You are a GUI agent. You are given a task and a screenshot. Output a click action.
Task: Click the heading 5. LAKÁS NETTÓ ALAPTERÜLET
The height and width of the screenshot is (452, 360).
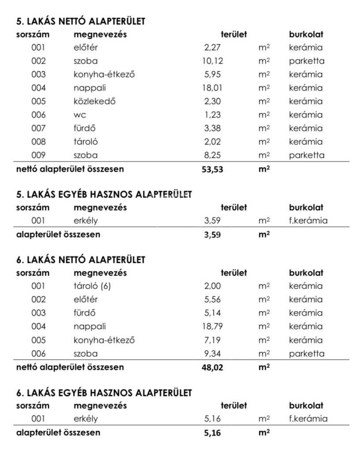[x=80, y=21]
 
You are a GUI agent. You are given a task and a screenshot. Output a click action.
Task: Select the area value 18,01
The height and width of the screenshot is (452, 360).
[x=212, y=88]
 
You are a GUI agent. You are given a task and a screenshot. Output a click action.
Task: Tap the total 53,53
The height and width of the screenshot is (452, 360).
[x=212, y=169]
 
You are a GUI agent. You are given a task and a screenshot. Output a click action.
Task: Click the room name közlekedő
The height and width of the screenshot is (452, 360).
[x=95, y=101]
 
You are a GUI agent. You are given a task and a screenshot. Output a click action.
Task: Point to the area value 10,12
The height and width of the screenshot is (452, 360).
[x=212, y=61]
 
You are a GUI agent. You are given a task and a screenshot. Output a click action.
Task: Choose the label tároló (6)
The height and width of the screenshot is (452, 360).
[x=92, y=286]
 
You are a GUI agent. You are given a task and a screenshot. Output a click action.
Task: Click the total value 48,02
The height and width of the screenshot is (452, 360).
[x=212, y=368]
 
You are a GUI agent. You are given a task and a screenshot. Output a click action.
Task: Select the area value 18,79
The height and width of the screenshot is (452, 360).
[x=212, y=327]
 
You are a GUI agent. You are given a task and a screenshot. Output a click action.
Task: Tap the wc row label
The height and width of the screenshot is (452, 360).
[x=80, y=115]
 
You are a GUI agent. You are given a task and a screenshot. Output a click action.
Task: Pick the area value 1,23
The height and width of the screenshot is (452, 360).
[x=212, y=115]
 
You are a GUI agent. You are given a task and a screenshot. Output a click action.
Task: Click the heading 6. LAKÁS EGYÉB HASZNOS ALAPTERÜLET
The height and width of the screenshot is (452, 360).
[x=104, y=392]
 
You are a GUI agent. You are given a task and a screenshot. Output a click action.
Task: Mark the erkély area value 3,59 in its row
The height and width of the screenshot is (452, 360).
[x=212, y=221]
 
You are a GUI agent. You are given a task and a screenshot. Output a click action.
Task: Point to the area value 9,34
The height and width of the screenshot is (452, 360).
[x=212, y=354]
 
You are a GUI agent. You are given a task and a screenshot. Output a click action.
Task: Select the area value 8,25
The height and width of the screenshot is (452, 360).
[x=212, y=155]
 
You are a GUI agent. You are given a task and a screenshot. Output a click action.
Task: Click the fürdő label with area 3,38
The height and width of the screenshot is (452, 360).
[x=85, y=128]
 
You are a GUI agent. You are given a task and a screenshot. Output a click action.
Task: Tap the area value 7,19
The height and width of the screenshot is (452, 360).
[x=212, y=340]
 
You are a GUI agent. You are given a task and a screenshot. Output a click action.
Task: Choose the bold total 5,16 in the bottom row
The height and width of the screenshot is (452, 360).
[x=212, y=433]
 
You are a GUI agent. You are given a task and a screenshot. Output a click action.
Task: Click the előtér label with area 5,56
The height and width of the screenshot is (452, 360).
[x=86, y=299]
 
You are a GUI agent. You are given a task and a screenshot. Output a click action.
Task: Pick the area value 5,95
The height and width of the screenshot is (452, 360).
[x=212, y=75]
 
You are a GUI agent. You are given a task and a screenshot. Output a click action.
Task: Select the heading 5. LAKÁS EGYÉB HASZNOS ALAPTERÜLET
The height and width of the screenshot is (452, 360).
[x=104, y=194]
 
